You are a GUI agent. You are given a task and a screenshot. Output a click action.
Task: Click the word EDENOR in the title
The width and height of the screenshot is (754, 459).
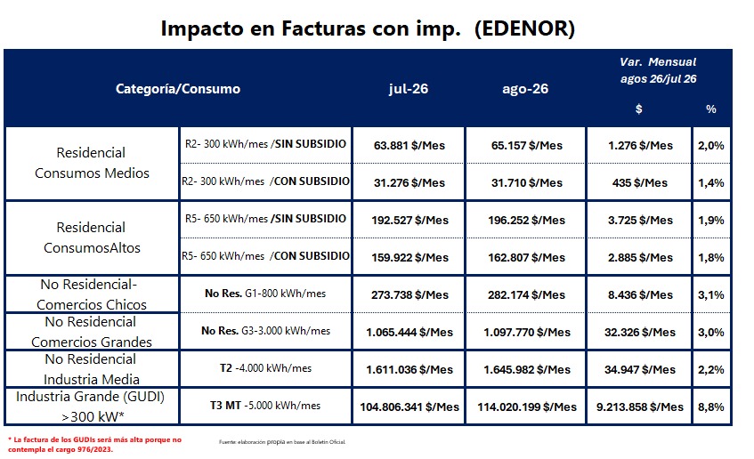[x=524, y=28]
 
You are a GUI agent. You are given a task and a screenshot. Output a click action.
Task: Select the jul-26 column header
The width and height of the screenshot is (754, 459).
[x=409, y=89]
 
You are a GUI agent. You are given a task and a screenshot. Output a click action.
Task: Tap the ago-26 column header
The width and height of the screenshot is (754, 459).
[x=525, y=89]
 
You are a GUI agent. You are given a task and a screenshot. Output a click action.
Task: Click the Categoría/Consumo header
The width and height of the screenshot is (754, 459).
[x=178, y=89]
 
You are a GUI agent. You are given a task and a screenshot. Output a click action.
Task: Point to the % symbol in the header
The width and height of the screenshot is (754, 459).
[x=710, y=109]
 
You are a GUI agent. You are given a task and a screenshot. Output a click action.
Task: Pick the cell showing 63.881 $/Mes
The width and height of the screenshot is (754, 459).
[x=409, y=145]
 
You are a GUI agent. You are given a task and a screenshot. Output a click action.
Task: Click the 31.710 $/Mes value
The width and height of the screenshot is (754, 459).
[x=526, y=182]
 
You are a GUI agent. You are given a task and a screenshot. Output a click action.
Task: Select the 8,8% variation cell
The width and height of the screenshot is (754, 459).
[x=710, y=407]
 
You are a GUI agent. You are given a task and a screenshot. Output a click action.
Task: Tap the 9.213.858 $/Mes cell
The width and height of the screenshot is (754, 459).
[x=639, y=407]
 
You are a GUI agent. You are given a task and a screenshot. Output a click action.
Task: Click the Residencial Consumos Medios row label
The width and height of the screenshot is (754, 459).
[x=92, y=163]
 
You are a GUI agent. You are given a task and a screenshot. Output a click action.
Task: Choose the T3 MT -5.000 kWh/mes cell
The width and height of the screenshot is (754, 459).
[x=265, y=405]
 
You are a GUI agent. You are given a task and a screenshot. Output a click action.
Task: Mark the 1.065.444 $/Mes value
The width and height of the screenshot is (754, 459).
[x=409, y=332]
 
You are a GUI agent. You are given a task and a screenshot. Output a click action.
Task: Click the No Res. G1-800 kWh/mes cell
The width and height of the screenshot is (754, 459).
[x=265, y=294]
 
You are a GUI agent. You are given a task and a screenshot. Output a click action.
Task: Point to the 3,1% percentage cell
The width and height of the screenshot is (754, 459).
[x=710, y=294]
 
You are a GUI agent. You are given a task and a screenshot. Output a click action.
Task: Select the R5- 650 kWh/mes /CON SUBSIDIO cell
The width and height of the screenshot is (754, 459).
[x=265, y=255]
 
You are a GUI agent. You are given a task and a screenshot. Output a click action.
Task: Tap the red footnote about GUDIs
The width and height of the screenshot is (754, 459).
[x=94, y=445]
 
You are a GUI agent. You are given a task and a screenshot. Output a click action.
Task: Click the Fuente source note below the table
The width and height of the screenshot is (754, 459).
[x=282, y=442]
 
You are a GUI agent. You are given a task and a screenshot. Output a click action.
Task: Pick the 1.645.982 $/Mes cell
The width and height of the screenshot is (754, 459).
[x=526, y=370]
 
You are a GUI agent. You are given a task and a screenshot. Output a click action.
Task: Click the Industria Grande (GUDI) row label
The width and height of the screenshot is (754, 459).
[x=91, y=407]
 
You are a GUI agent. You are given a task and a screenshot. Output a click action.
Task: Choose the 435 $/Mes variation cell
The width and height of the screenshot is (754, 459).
[x=639, y=182]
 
